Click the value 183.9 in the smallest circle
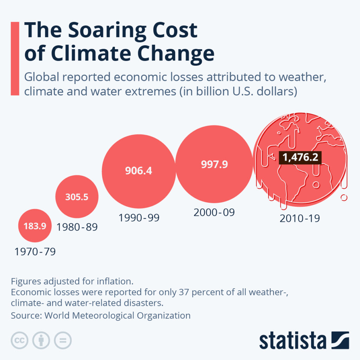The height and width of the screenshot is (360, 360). coord(35,226)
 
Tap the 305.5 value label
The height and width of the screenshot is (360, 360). coord(77,197)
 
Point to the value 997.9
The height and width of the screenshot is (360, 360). coord(214,165)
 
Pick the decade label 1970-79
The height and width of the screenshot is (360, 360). coord(35,252)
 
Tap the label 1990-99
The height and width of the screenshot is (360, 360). coord(139,218)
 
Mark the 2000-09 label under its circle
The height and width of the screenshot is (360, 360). coord(214,212)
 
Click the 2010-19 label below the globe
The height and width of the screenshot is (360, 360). coord(300,218)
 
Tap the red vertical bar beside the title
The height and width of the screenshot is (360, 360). coord(15,58)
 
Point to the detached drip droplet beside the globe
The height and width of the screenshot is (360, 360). coord(344,198)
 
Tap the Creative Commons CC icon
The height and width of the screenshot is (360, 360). coord(20,340)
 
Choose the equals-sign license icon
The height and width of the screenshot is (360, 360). coord(63,340)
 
